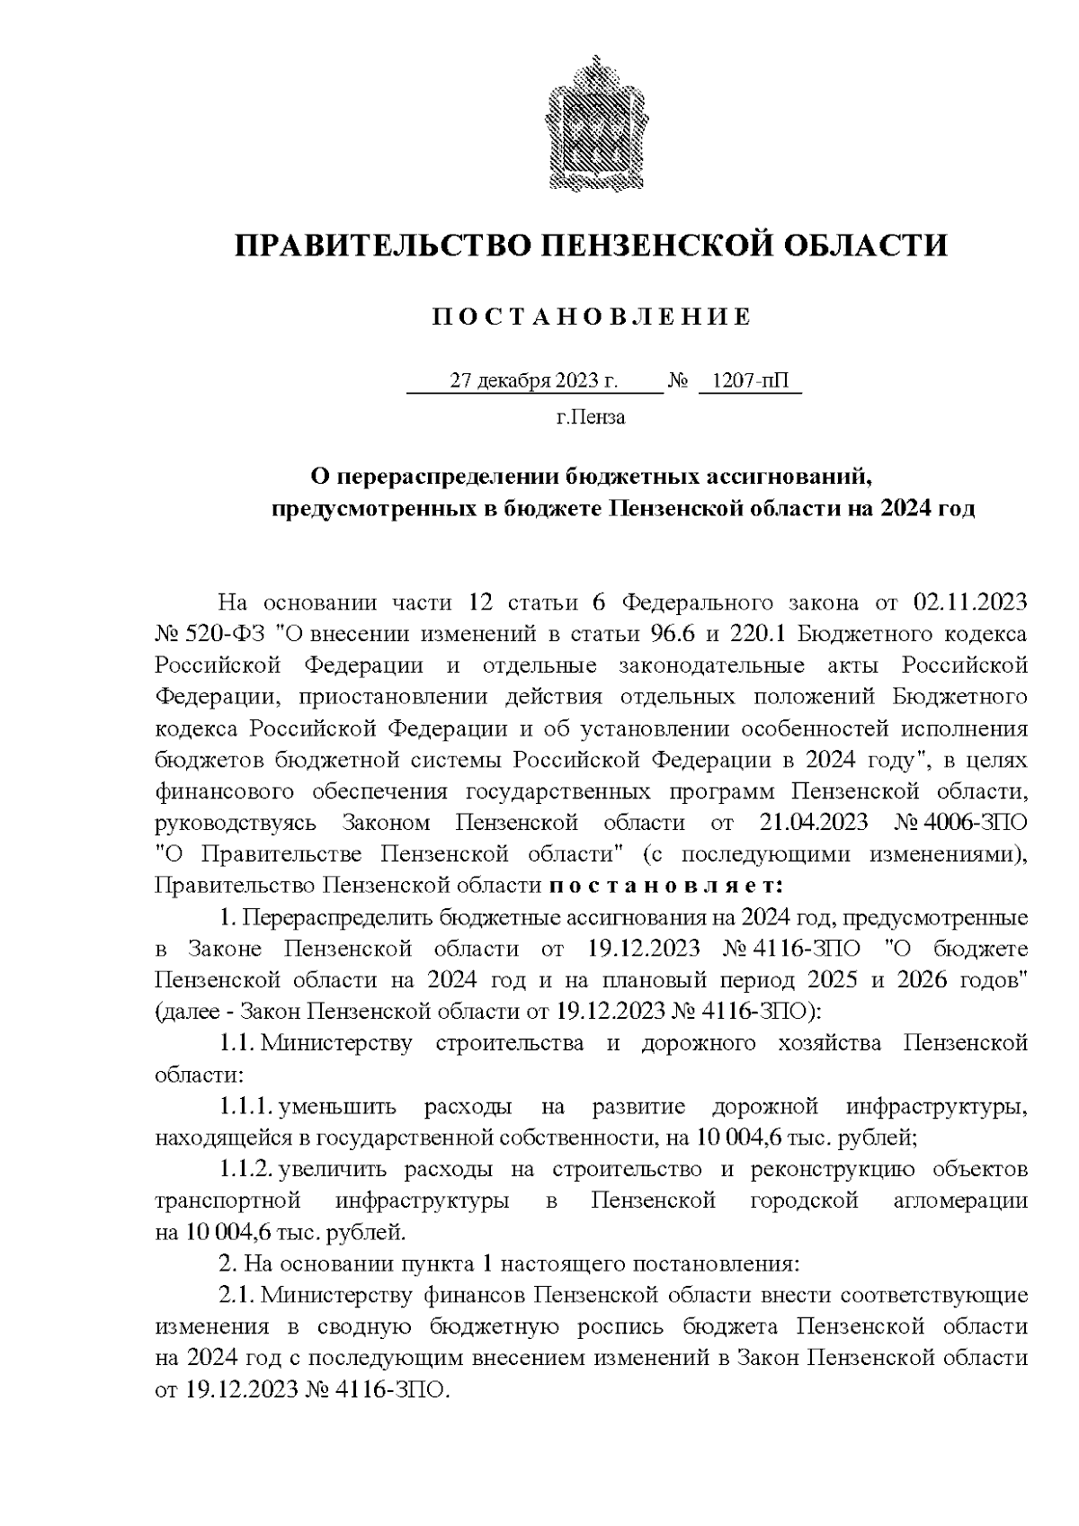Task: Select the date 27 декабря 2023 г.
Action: [x=533, y=381]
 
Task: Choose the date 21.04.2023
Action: [x=801, y=822]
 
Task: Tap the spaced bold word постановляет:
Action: [x=666, y=885]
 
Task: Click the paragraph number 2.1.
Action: [x=235, y=1295]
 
